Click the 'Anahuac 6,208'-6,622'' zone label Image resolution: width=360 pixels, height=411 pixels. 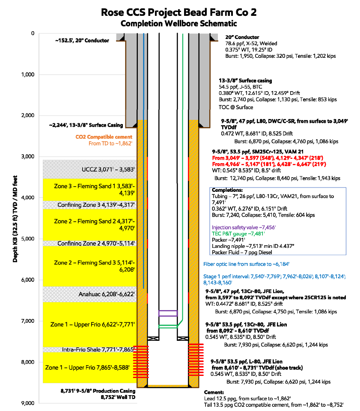[x=107, y=294]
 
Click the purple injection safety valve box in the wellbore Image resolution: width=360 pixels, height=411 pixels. [x=168, y=313]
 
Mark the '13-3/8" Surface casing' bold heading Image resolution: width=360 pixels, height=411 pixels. [x=245, y=80]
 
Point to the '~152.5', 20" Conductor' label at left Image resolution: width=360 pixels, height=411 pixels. [x=82, y=40]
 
